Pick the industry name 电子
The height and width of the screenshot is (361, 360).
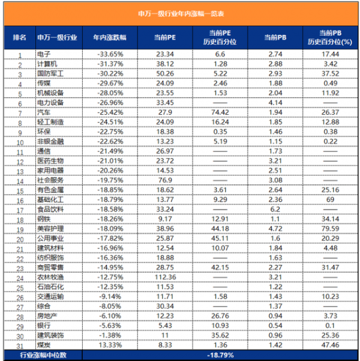click(43, 54)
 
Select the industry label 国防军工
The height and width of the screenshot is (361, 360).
click(50, 73)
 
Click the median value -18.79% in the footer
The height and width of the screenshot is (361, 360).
click(219, 356)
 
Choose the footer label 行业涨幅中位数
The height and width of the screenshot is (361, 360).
click(42, 356)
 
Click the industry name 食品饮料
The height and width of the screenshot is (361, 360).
click(50, 210)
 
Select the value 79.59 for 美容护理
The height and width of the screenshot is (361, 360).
click(327, 229)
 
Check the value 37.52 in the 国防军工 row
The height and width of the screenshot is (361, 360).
click(327, 73)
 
